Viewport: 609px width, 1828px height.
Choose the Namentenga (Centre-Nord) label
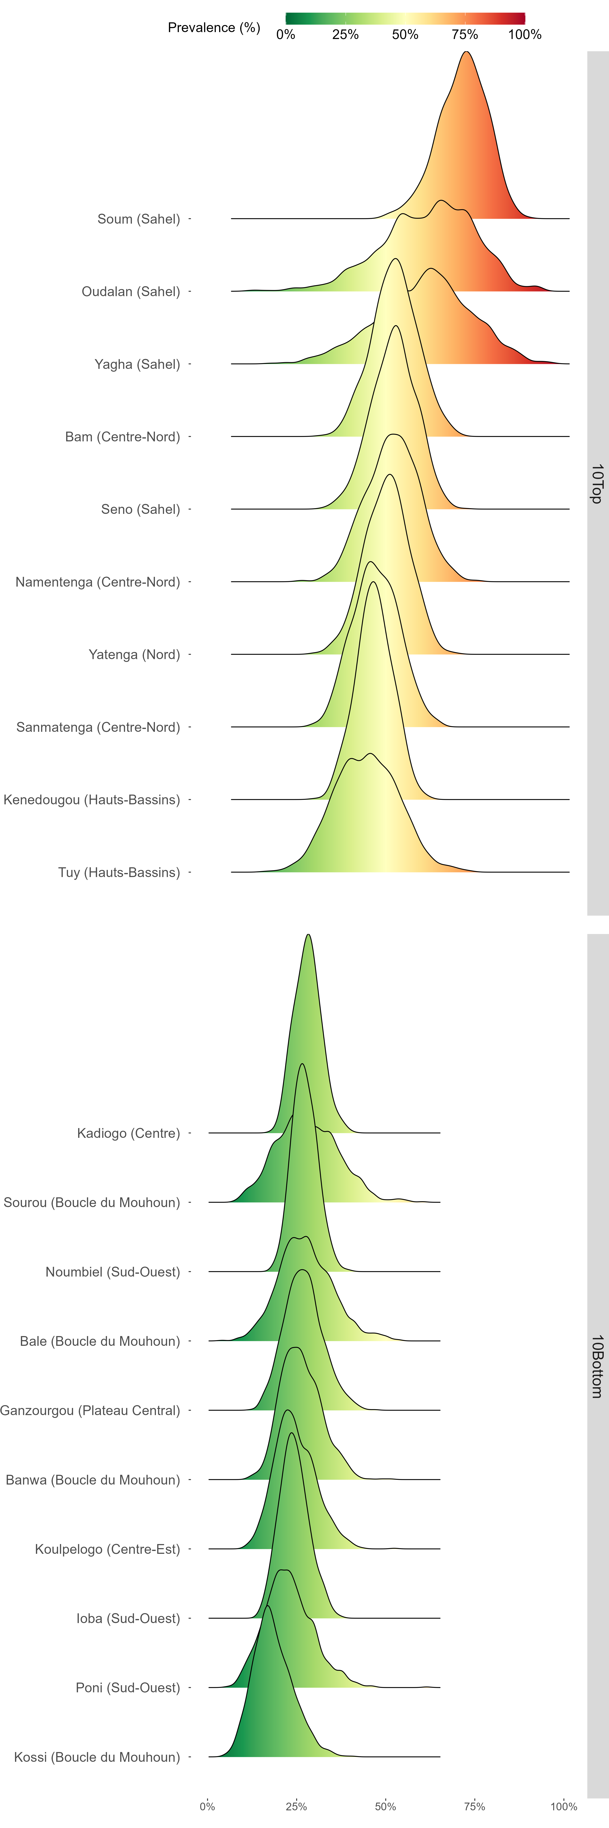(98, 582)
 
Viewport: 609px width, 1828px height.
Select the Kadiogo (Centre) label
(128, 1133)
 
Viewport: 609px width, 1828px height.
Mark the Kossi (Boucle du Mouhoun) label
(97, 1757)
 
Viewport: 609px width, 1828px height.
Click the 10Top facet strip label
(597, 484)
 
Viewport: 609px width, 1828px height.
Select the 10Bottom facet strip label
(597, 1366)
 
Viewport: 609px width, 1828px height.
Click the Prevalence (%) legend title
(213, 28)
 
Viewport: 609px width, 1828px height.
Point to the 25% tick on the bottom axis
(296, 1806)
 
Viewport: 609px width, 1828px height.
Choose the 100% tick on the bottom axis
(564, 1806)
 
